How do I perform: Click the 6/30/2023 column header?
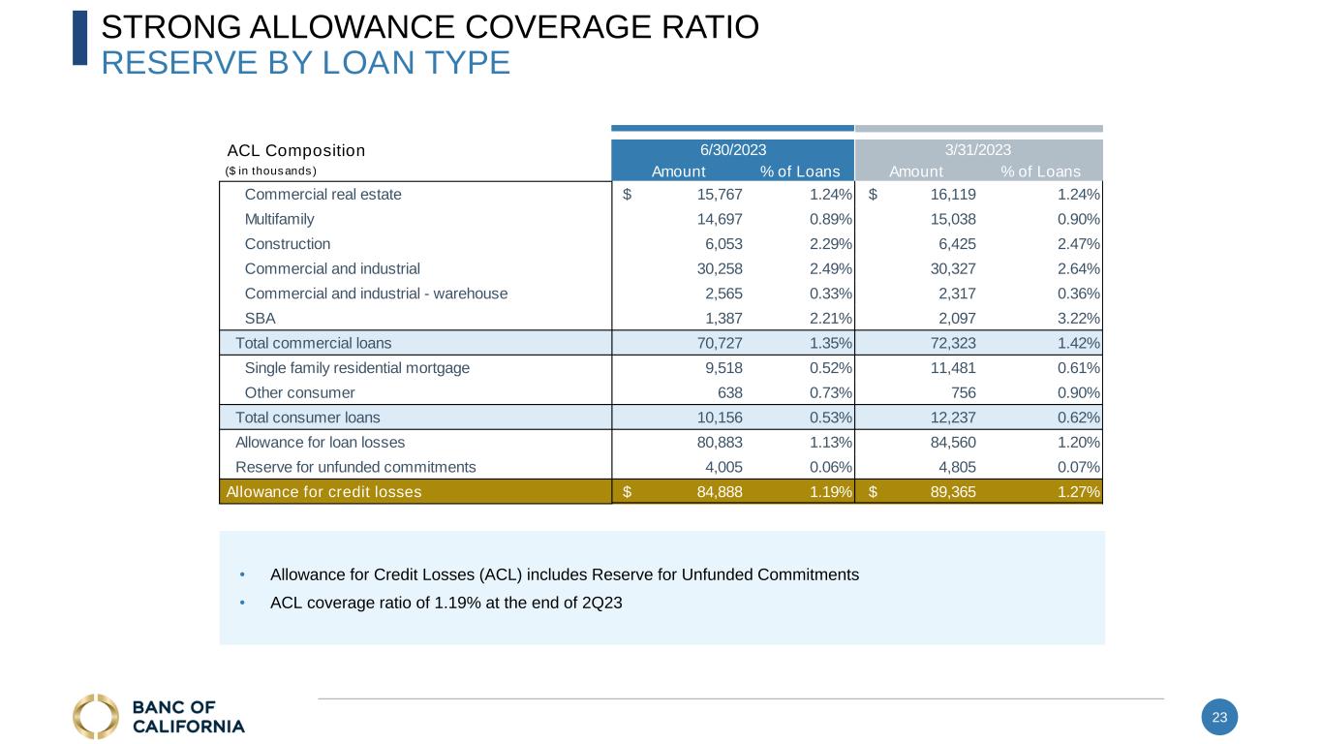[733, 150]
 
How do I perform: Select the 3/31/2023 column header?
[978, 150]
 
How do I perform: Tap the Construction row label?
[288, 244]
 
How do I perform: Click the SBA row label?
[261, 319]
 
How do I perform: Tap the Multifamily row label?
[279, 219]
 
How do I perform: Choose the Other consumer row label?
[299, 393]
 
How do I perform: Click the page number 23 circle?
[1219, 718]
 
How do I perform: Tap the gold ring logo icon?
[96, 717]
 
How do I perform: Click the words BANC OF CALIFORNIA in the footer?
[188, 717]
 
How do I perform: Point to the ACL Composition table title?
[295, 151]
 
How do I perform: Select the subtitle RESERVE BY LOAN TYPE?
[305, 63]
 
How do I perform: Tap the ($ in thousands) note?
[271, 171]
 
